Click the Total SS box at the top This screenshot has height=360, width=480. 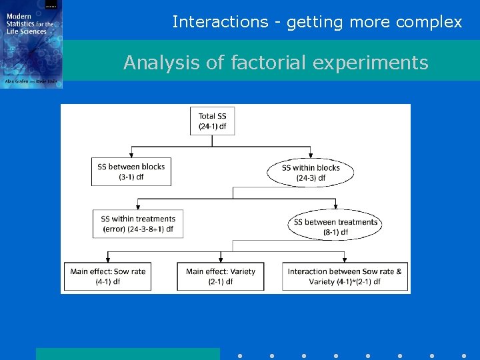[x=212, y=121]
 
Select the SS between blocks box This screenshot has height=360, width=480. [x=131, y=171]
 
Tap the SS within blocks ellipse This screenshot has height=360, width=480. [x=311, y=172]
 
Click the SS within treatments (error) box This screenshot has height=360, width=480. [x=138, y=223]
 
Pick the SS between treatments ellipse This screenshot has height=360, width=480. [x=335, y=227]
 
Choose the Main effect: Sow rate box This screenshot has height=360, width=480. [x=108, y=276]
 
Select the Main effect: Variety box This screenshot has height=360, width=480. [x=221, y=276]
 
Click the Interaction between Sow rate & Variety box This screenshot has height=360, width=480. [x=345, y=276]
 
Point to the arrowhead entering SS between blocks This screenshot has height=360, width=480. [x=131, y=154]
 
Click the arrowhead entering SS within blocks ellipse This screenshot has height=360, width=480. [x=311, y=156]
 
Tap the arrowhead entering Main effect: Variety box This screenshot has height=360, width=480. [x=221, y=259]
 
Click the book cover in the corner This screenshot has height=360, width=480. [x=31, y=44]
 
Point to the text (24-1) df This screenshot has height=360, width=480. [x=212, y=127]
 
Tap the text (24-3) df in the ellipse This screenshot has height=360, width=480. [x=311, y=178]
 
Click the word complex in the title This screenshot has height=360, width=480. [x=429, y=22]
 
